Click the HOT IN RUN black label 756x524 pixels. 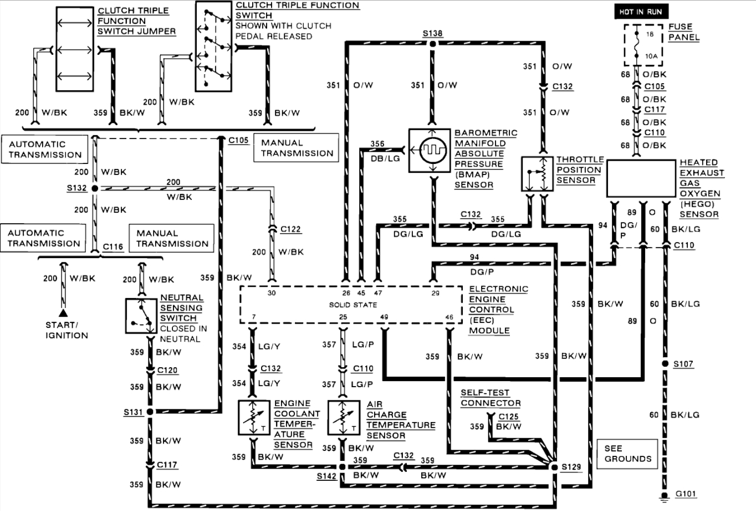pyautogui.click(x=641, y=12)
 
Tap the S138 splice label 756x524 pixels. pyautogui.click(x=432, y=33)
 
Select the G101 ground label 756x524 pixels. pyautogui.click(x=686, y=494)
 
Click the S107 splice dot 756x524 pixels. pyautogui.click(x=665, y=364)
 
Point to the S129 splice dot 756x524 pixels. pyautogui.click(x=554, y=467)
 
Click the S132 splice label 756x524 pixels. pyautogui.click(x=77, y=188)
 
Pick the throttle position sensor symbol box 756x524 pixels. pyautogui.click(x=537, y=174)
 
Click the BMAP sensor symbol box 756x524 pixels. pyautogui.click(x=430, y=151)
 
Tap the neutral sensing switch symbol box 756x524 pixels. pyautogui.click(x=141, y=316)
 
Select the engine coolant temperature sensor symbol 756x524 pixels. pyautogui.click(x=253, y=418)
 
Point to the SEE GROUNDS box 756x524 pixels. pyautogui.click(x=627, y=454)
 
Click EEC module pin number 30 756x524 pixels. pyautogui.click(x=272, y=293)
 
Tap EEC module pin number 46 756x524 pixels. pyautogui.click(x=449, y=317)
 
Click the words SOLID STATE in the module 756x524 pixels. pyautogui.click(x=353, y=305)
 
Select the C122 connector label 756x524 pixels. pyautogui.click(x=290, y=229)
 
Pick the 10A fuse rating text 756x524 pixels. pyautogui.click(x=651, y=56)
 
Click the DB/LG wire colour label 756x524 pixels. pyautogui.click(x=385, y=158)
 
